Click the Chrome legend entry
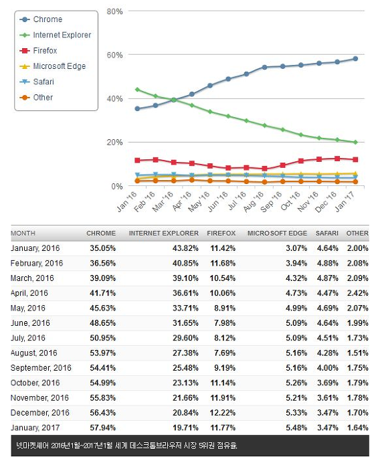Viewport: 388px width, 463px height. click(41, 19)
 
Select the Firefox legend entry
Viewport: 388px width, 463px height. click(38, 51)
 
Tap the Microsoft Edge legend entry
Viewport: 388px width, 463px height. click(53, 66)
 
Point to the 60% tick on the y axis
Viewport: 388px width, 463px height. click(114, 55)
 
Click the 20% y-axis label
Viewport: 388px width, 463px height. click(114, 143)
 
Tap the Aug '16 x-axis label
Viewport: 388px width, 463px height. click(254, 201)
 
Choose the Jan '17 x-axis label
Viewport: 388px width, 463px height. click(345, 201)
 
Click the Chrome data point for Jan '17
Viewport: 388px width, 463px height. click(355, 59)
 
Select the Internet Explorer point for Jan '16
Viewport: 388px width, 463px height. click(137, 90)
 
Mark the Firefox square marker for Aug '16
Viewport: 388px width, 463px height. click(264, 169)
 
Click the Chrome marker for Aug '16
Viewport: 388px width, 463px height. click(264, 68)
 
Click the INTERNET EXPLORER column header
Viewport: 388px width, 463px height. click(164, 234)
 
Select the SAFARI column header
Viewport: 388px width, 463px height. click(327, 234)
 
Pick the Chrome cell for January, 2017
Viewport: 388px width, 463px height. click(103, 428)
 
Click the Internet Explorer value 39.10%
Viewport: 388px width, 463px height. click(185, 278)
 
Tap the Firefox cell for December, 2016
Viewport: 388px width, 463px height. click(223, 413)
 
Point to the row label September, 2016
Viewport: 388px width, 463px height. click(41, 368)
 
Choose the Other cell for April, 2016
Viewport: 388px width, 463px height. click(358, 293)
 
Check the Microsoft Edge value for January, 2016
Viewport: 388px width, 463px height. click(296, 248)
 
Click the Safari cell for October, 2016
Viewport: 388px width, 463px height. click(328, 383)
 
